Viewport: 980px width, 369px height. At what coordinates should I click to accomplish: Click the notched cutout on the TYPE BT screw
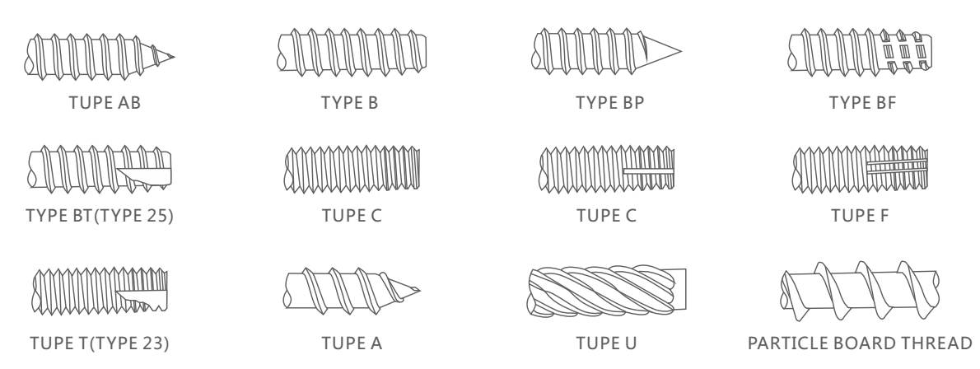coord(144,174)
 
